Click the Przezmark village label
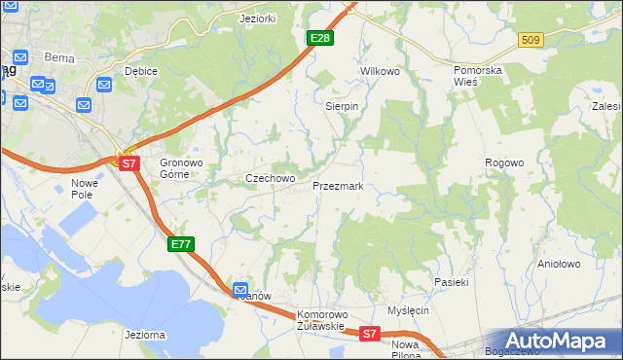coord(338,186)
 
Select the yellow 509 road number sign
coord(531,40)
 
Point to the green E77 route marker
coord(181,244)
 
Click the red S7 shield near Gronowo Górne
coord(130,163)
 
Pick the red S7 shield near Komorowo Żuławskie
coord(369,334)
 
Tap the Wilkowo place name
coord(381,72)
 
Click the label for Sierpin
coord(342,106)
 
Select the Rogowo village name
coord(505,162)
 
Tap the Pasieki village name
coord(452,282)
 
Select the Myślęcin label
coord(408,310)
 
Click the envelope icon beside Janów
coord(241,289)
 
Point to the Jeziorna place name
coord(145,335)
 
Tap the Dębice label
coord(141,72)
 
